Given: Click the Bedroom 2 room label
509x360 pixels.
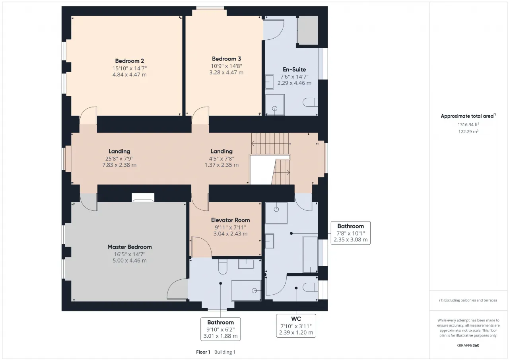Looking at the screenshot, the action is click(130, 61).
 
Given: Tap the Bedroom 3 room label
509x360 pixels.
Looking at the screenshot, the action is click(226, 59).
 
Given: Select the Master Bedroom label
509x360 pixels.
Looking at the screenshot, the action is click(130, 247).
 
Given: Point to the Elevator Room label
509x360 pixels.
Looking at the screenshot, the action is click(230, 220).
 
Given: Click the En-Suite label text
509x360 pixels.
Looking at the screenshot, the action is click(294, 69).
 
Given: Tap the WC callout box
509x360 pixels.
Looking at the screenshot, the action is click(296, 326).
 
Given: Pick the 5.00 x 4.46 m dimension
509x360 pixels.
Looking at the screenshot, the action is click(130, 261).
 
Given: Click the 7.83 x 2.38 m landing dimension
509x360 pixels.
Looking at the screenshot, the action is click(119, 165).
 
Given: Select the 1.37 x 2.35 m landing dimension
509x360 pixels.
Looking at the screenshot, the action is click(221, 165).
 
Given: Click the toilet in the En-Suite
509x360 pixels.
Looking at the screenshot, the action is click(311, 102).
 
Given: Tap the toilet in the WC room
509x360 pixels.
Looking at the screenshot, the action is click(311, 287).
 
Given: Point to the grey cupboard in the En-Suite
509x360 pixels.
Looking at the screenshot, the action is click(308, 30).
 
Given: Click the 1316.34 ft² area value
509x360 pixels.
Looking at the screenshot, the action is click(468, 125).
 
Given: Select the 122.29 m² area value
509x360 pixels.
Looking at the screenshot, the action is click(468, 131).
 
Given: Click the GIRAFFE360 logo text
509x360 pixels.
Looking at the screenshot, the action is click(468, 345).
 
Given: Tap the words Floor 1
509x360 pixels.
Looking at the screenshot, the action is click(203, 352).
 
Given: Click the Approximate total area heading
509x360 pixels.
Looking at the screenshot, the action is click(468, 116).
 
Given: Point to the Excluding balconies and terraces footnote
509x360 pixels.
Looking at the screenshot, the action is click(468, 300).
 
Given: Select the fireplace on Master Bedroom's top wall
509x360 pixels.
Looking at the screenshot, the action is click(143, 197).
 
